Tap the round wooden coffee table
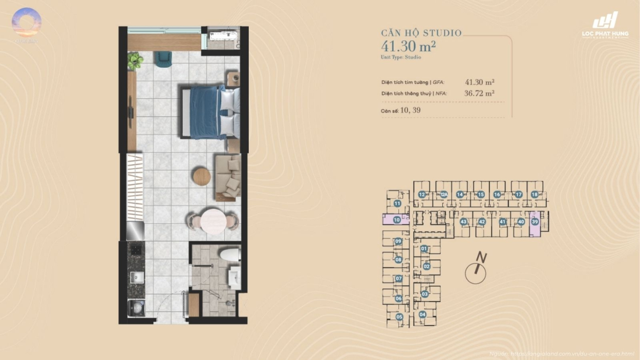(201, 177)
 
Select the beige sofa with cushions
(227, 177)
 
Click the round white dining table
(213, 222)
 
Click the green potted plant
(135, 61)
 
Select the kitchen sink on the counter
(136, 278)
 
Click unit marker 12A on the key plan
(444, 195)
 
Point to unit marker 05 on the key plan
(399, 317)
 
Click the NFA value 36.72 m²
(479, 93)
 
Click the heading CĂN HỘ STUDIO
(421, 33)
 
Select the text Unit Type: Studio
(401, 57)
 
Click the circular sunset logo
(27, 23)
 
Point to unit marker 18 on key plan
(535, 195)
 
